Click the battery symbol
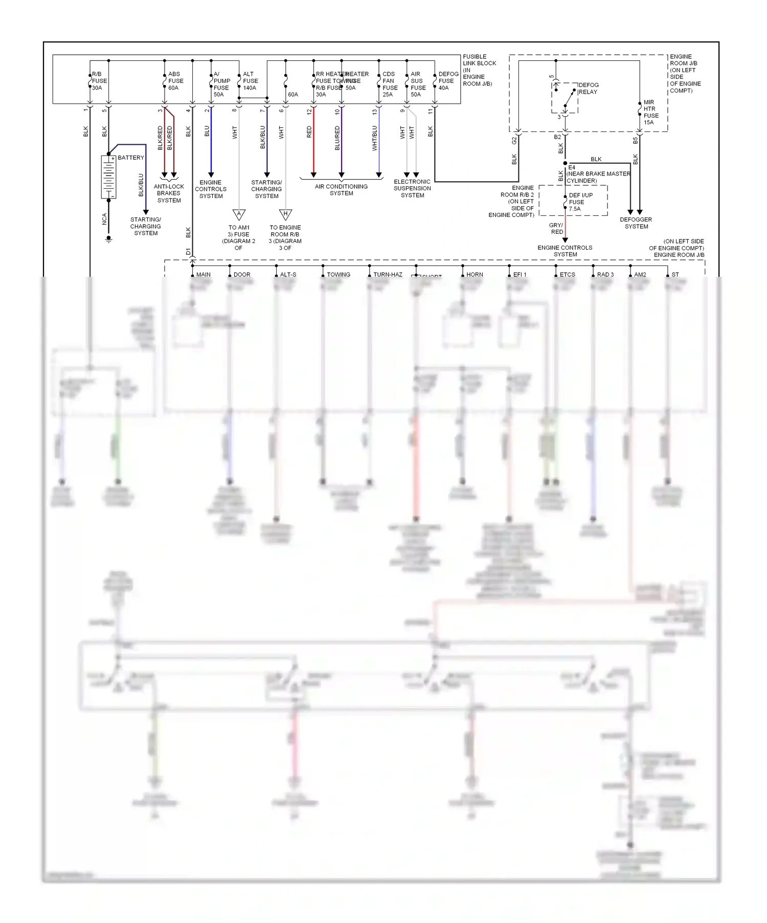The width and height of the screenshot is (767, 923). (108, 177)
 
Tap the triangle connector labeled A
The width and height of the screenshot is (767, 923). (239, 214)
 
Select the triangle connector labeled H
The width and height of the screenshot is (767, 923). (285, 214)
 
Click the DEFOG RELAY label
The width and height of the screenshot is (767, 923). (588, 89)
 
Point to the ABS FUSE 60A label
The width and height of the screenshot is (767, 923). (175, 81)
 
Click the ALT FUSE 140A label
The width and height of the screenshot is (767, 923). (250, 81)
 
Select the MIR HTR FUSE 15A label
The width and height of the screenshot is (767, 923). (651, 112)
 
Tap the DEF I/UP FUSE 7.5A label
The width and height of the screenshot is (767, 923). (580, 202)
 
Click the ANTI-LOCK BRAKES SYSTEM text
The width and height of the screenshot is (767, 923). (169, 193)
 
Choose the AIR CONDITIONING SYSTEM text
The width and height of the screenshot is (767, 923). (341, 190)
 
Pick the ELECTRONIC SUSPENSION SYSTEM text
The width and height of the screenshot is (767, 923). (412, 188)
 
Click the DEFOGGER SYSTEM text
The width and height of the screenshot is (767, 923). (636, 223)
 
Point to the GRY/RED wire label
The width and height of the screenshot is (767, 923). (556, 228)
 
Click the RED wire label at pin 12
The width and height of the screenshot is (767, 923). (309, 131)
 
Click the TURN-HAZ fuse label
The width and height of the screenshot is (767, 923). (388, 275)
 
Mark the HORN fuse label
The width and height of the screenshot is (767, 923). (475, 275)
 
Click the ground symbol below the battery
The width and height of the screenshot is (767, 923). (108, 238)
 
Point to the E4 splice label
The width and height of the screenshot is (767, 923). (572, 167)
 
